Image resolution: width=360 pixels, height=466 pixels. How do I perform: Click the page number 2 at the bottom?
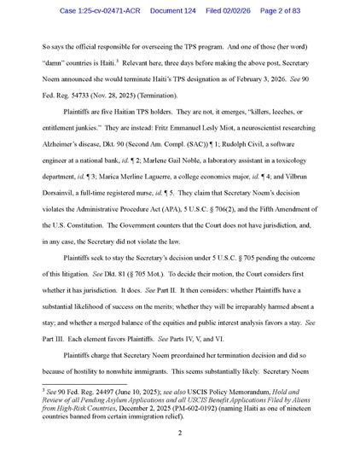coord(180,432)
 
